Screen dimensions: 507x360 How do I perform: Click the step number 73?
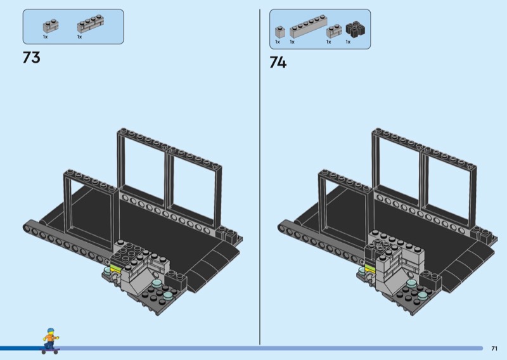31,57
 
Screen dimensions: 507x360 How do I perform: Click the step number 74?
278,62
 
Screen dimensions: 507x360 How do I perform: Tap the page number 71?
494,349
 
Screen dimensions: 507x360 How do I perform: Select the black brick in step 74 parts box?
355,29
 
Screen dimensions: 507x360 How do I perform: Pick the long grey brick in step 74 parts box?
308,26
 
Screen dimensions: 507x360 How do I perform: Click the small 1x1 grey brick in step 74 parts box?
280,32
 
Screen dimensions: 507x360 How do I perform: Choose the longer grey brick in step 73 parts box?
91,24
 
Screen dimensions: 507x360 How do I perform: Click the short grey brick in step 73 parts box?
51,26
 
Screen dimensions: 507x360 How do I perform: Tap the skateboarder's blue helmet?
51,331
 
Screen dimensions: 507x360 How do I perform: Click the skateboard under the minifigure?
51,350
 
